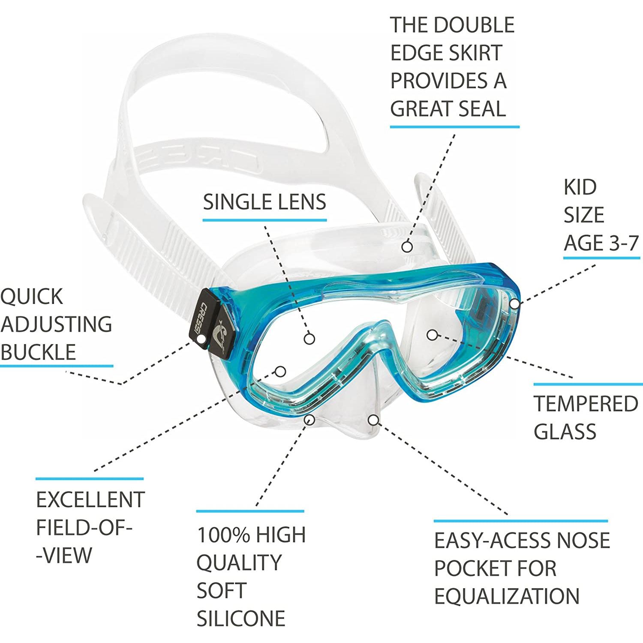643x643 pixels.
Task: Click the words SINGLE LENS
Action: [264, 202]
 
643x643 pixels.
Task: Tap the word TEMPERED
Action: [586, 404]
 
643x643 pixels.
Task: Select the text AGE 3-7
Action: [601, 243]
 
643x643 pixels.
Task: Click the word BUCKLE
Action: [38, 352]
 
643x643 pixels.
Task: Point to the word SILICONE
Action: [241, 618]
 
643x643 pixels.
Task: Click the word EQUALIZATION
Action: [507, 596]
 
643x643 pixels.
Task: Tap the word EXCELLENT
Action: [90, 500]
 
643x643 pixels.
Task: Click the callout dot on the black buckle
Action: [201, 339]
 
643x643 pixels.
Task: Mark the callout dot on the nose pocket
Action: [373, 420]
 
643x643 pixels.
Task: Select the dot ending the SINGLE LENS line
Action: [309, 339]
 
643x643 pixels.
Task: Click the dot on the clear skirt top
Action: [407, 246]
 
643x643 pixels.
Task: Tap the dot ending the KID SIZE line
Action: [515, 303]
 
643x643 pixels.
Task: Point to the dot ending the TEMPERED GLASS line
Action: [433, 334]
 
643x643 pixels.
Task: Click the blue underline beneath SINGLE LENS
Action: [264, 220]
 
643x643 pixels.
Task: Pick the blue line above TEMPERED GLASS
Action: [588, 384]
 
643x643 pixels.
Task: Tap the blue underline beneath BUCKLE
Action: [57, 366]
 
